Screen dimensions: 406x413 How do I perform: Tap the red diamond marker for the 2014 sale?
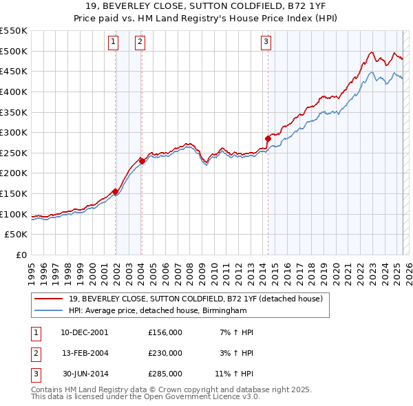(268, 138)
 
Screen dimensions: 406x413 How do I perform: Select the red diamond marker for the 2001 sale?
(115, 191)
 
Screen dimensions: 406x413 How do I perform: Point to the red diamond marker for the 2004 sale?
(141, 161)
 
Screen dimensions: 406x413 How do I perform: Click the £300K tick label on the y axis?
(14, 132)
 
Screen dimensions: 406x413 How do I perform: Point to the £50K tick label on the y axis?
(17, 235)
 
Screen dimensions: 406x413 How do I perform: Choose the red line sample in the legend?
(48, 299)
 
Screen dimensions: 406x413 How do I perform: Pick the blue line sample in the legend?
(48, 310)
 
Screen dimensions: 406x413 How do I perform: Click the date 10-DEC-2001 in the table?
(84, 332)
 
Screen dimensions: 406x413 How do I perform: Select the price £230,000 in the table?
(165, 353)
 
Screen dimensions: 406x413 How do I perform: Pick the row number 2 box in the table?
(34, 353)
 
